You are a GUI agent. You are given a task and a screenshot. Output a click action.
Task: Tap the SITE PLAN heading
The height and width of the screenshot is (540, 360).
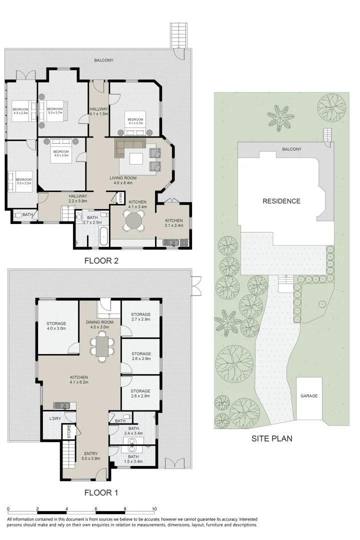pyautogui.click(x=272, y=439)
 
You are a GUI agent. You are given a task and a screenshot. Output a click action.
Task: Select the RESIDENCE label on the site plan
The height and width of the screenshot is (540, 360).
pyautogui.click(x=282, y=201)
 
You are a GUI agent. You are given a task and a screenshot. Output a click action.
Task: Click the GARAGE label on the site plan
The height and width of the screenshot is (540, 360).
pyautogui.click(x=309, y=395)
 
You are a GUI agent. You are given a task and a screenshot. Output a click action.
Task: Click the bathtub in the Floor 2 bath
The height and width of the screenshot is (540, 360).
pyautogui.click(x=104, y=236)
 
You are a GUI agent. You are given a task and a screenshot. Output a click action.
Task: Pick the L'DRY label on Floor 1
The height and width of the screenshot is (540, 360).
pyautogui.click(x=54, y=418)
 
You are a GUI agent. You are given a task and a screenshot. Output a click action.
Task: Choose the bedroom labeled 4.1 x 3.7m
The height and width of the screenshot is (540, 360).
pyautogui.click(x=135, y=121)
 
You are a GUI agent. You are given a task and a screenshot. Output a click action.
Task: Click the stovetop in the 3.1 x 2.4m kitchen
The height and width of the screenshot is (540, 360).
pyautogui.click(x=183, y=243)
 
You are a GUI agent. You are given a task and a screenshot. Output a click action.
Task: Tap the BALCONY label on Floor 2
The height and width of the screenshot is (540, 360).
pyautogui.click(x=104, y=60)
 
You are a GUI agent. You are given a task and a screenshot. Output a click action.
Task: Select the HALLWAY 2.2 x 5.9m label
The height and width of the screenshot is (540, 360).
pyautogui.click(x=78, y=198)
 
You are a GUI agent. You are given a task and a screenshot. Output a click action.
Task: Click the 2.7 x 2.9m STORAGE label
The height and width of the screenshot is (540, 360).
pyautogui.click(x=140, y=315)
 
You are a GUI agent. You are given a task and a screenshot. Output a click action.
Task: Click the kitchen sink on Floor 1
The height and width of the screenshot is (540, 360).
pyautogui.click(x=62, y=405)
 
